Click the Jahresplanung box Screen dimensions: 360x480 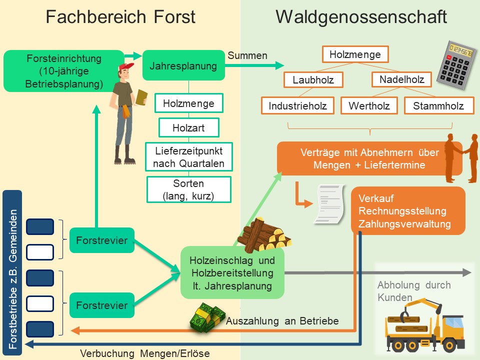coord(183,65)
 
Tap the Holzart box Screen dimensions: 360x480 coord(188,127)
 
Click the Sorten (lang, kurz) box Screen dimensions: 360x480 coord(188,189)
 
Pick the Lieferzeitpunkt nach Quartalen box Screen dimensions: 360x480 coord(188,157)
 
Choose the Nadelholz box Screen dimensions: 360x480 coord(401,79)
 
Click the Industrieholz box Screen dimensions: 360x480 coord(297,105)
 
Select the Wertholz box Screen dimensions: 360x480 coord(369,105)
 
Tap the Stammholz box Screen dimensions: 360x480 coord(438,105)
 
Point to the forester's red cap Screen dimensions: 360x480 coord(126,67)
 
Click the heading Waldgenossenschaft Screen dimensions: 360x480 coord(360,17)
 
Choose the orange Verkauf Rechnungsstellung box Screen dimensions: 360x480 coord(408,210)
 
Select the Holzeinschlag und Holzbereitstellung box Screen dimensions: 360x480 coord(232,273)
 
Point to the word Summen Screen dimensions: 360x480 coord(247,55)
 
